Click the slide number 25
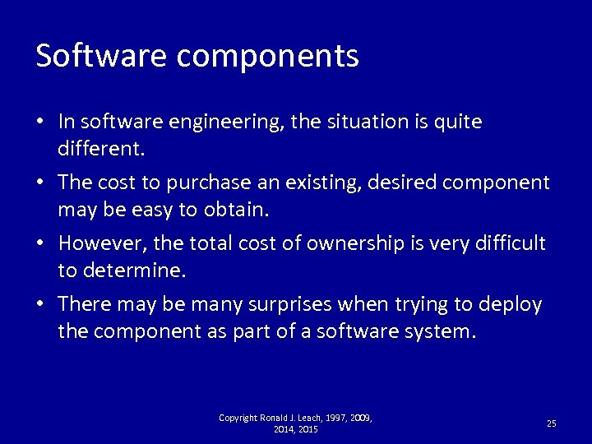tap(551, 423)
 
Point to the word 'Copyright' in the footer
tap(237, 418)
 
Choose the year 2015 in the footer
tap(308, 429)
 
